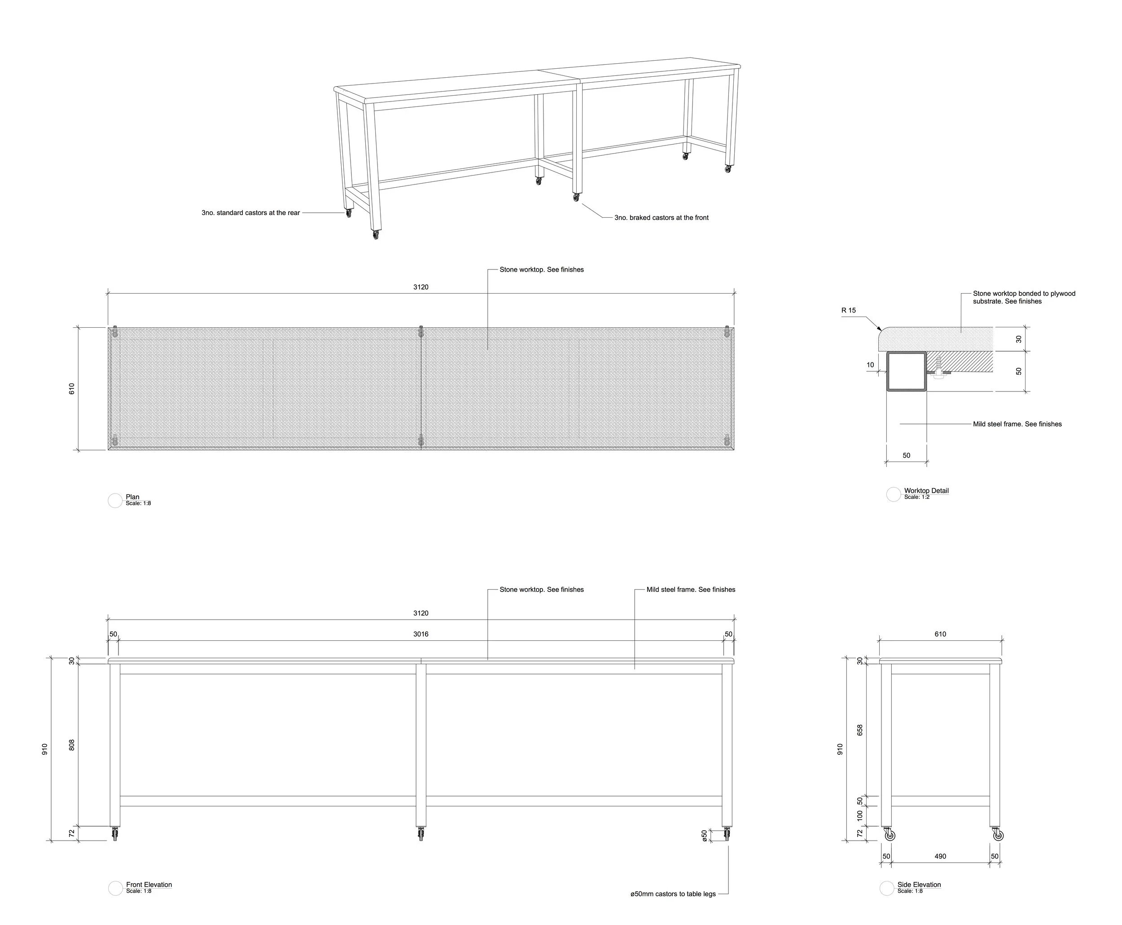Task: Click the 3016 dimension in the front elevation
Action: [421, 634]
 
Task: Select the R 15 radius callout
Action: [848, 310]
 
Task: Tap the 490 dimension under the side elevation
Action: [940, 856]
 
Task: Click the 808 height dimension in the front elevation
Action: [72, 745]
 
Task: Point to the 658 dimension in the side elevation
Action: [859, 730]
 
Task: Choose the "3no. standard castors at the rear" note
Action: [250, 212]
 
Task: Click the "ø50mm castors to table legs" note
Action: [673, 894]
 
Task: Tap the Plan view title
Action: [132, 497]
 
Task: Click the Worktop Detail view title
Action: [926, 491]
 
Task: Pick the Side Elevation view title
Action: [919, 885]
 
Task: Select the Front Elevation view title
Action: [149, 885]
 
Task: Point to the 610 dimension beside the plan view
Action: [72, 388]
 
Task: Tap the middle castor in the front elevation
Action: [421, 834]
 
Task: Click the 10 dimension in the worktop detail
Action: [870, 365]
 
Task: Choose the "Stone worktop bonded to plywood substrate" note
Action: [1023, 297]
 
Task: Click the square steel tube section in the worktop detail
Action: [906, 371]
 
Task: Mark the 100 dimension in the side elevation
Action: [859, 815]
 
